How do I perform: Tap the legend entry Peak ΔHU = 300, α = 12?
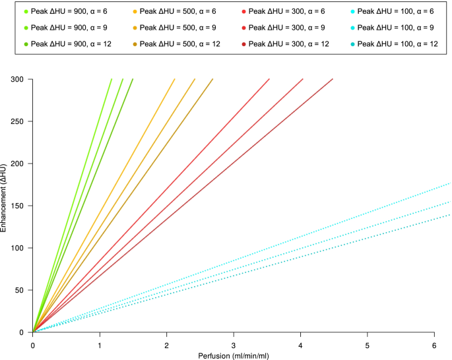285,43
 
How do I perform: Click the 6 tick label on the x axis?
434,345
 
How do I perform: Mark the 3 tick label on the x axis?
234,345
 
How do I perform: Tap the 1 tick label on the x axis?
100,345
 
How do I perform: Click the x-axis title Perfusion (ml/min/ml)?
233,355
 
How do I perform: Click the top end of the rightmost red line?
333,79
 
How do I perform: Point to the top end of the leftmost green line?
112,79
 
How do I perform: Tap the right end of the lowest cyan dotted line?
450,214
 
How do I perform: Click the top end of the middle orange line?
195,79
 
